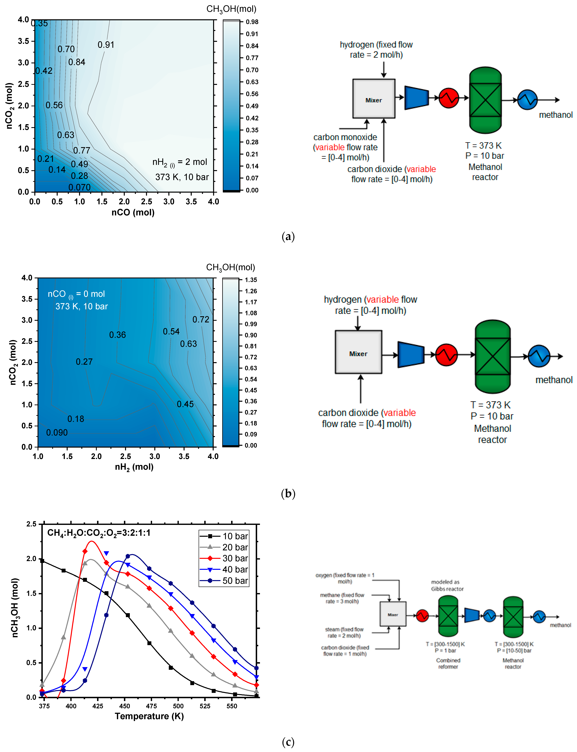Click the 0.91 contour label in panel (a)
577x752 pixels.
click(106, 45)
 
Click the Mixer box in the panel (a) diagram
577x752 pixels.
click(374, 99)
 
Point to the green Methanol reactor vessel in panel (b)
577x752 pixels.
click(492, 356)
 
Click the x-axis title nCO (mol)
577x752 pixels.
click(133, 212)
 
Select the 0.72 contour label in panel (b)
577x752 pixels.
click(201, 320)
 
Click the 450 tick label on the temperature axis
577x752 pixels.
click(125, 706)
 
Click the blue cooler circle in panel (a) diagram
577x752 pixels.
click(527, 100)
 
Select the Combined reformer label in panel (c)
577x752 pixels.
click(448, 663)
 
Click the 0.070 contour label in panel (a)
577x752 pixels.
click(79, 187)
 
